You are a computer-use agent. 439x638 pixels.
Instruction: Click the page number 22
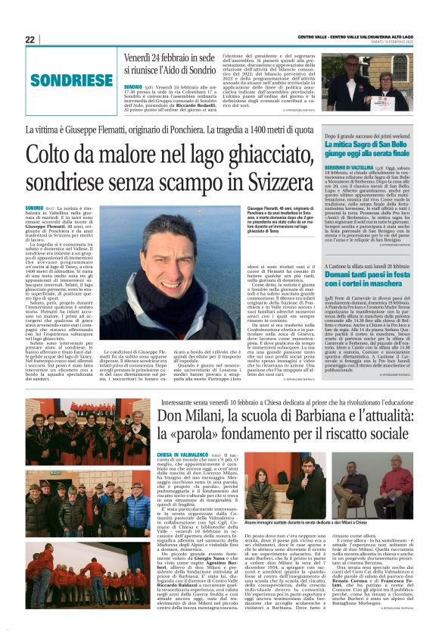[30, 39]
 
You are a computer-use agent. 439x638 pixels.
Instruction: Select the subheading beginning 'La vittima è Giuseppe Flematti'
[171, 131]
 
